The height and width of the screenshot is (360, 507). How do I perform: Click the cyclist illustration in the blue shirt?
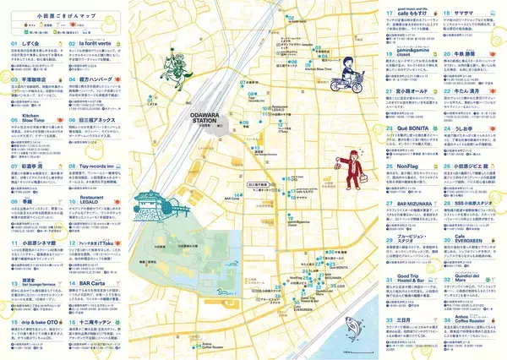tap(348, 77)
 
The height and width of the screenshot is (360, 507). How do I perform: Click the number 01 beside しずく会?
tap(15, 41)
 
